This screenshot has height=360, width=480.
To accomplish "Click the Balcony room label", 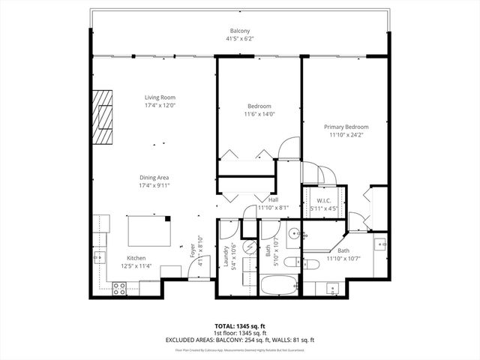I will coord(239,31).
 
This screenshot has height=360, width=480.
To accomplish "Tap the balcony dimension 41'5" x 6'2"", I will coord(239,38).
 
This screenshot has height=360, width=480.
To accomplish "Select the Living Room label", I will coord(160,97).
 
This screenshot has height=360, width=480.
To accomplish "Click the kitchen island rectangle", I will coord(148,230).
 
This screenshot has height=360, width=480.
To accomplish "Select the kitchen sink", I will coord(99,257).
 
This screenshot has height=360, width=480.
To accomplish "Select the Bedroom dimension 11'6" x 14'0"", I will coord(259,114).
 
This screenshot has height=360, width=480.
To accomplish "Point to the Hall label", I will coord(274,200).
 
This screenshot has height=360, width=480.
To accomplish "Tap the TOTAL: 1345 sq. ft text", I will coord(240,326).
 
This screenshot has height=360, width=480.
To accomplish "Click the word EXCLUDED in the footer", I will coord(182,340).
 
